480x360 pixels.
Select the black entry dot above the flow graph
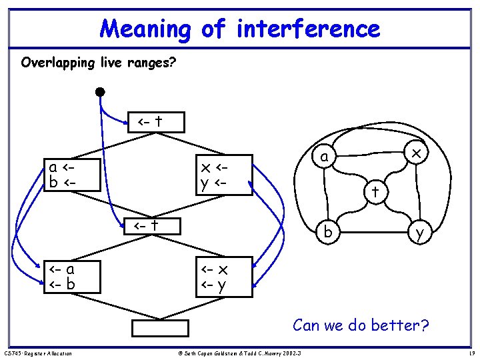click(x=100, y=91)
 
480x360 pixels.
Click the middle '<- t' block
click(x=155, y=226)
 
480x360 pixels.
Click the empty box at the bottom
click(x=160, y=329)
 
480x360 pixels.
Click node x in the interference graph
click(x=415, y=154)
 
